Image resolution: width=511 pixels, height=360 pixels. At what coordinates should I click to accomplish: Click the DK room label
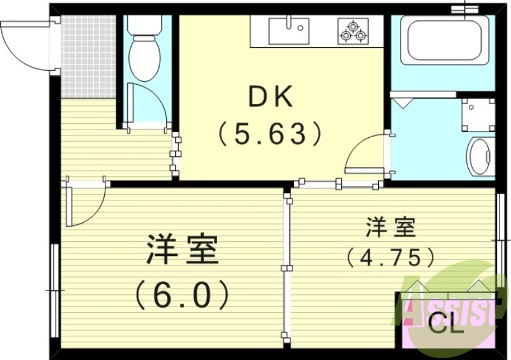(270, 98)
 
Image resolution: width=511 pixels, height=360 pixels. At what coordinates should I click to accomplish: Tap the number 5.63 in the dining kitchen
(269, 133)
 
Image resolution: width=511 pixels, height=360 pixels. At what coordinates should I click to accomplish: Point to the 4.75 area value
(391, 257)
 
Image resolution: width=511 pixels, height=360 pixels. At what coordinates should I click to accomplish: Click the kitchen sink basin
(289, 31)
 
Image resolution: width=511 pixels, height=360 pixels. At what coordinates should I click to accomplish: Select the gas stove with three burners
(353, 31)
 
